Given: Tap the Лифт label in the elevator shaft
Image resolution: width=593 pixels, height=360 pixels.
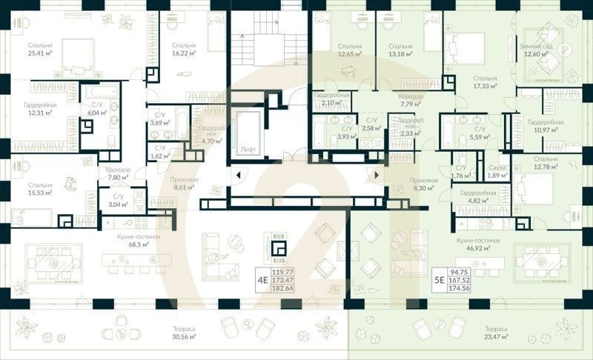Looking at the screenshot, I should pyautogui.click(x=248, y=149).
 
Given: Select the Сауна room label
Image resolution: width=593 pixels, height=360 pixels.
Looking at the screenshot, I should pyautogui.click(x=497, y=168).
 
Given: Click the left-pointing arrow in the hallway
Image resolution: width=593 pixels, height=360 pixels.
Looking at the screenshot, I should pyautogui.click(x=239, y=176).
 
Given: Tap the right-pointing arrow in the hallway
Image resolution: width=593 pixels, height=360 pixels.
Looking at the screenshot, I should pyautogui.click(x=376, y=176).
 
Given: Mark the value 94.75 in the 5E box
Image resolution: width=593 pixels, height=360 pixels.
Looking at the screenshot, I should pyautogui.click(x=461, y=272).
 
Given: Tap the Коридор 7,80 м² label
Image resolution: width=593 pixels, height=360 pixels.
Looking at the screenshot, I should pyautogui.click(x=113, y=173).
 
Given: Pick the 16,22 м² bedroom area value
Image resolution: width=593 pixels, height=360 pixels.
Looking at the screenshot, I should pyautogui.click(x=182, y=53).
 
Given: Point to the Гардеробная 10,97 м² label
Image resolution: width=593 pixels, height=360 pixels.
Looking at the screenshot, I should pyautogui.click(x=546, y=127).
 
